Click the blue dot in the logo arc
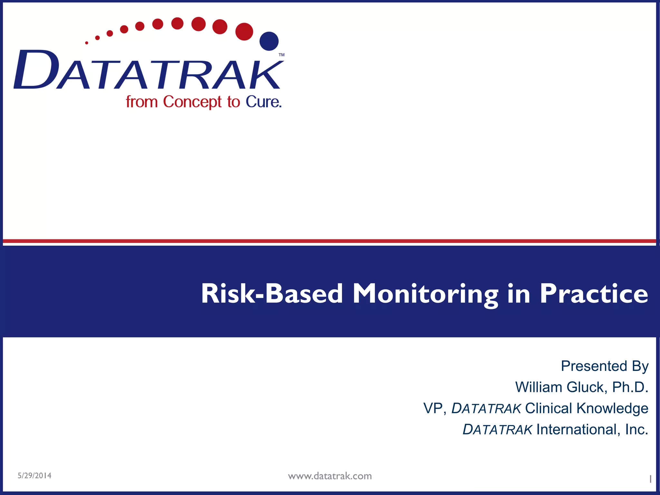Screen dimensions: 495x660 269,41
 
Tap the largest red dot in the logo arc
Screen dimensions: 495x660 244,32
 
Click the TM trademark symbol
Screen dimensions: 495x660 281,55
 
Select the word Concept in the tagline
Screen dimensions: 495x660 192,102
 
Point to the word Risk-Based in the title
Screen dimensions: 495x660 272,294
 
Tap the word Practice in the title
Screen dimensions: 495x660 594,294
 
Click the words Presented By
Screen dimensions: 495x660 604,366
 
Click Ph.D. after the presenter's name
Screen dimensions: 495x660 630,387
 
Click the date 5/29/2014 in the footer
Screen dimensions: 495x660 34,476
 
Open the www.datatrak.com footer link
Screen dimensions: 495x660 330,476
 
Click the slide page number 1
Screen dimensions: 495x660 650,479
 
